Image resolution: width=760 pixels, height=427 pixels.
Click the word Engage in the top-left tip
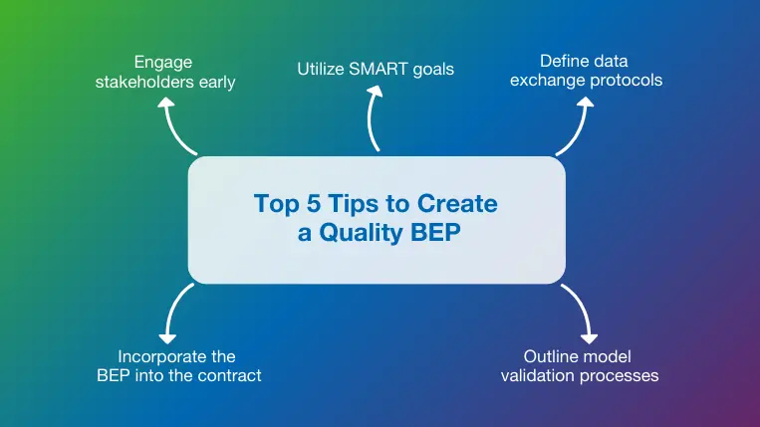tap(165, 61)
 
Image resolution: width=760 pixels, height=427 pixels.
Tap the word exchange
tap(546, 80)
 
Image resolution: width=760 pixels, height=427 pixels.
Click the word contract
tap(229, 375)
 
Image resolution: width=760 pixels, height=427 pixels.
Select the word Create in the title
tap(457, 205)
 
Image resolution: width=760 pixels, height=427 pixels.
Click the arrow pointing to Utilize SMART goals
tap(373, 119)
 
